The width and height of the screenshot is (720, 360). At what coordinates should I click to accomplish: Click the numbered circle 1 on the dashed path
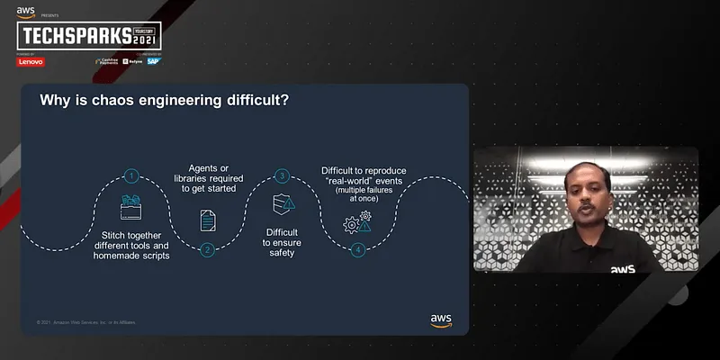pos(132,176)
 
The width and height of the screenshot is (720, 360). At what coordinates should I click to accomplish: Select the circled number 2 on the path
pos(208,249)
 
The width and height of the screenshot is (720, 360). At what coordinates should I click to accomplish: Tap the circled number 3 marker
pos(283,176)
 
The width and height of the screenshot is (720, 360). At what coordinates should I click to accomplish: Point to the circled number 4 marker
pos(358,249)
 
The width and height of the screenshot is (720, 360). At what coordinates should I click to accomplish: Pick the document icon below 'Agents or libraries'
pos(208,220)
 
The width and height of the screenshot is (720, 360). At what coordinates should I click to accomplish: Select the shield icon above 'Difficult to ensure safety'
pos(283,206)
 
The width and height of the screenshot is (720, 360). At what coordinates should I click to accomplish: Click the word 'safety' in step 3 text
pos(283,253)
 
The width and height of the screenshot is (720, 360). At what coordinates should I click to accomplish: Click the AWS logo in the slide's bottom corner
pos(441,319)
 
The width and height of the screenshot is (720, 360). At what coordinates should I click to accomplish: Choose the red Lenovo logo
pos(31,61)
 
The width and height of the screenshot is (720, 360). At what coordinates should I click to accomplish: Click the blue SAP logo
pos(153,61)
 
